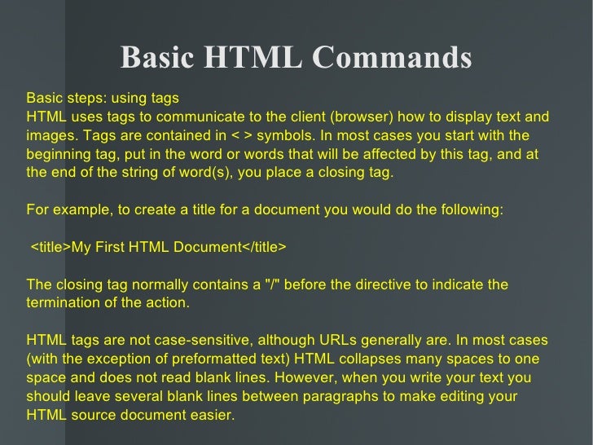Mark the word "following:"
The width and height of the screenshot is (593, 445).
[473, 209]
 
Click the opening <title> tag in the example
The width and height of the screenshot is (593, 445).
[51, 247]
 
